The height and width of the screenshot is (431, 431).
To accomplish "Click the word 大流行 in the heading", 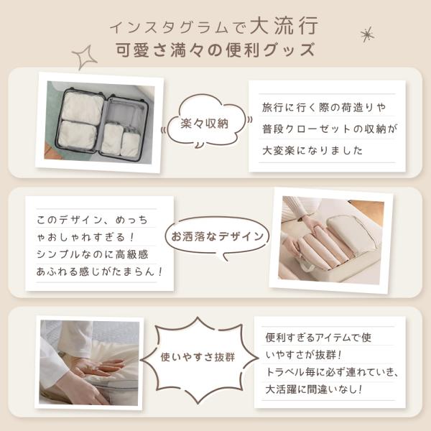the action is [284, 26].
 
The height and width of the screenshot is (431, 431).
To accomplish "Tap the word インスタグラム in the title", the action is [169, 27].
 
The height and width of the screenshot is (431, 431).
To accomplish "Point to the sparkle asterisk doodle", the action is [367, 34].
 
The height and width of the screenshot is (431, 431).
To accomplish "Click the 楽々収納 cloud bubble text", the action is [205, 124].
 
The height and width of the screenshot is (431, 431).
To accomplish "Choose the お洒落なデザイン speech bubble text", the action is [217, 236].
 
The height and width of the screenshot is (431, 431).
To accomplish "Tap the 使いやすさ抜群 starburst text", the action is [198, 357].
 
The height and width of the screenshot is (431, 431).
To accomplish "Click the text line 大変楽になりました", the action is [312, 150].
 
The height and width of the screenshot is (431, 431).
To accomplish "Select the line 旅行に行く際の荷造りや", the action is [324, 107].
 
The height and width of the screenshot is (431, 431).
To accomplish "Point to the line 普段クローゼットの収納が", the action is [330, 129].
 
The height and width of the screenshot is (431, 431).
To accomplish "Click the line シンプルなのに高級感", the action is [93, 254].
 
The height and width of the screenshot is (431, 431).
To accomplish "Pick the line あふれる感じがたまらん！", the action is [100, 272].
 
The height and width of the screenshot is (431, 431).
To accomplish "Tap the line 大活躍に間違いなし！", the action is [314, 389].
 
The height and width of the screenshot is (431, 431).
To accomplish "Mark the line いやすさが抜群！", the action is [303, 355].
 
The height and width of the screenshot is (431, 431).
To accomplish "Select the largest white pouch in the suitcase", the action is [82, 108].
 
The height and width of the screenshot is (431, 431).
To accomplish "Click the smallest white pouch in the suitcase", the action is [131, 144].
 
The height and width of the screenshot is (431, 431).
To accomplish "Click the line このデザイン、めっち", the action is [93, 220].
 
